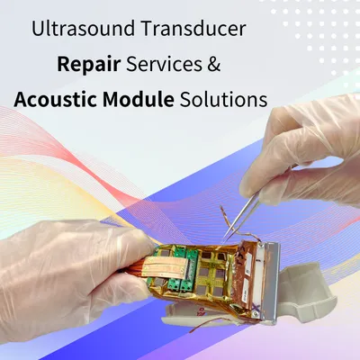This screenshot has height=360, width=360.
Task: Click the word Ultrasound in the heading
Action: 86,28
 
